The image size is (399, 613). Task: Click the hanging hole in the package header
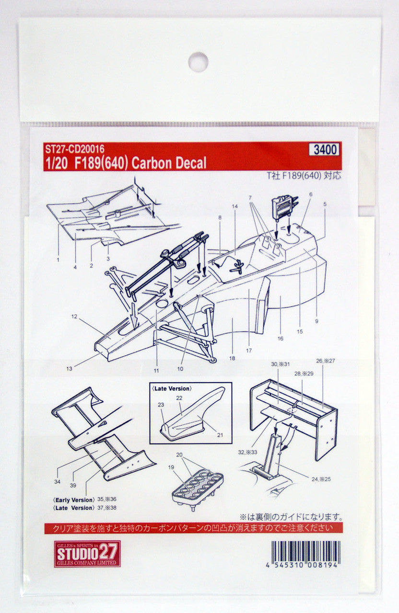(198, 62)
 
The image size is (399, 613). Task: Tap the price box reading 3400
(326, 149)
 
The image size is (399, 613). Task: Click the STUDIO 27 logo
(87, 554)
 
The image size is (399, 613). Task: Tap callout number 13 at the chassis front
(70, 368)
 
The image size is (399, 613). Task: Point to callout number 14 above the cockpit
(235, 206)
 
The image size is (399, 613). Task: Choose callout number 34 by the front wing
(58, 481)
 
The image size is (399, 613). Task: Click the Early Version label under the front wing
(73, 499)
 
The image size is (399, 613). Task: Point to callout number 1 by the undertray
(58, 260)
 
